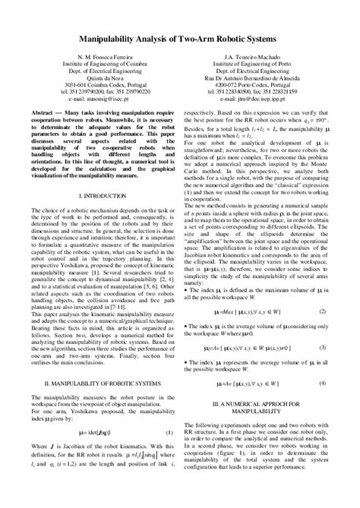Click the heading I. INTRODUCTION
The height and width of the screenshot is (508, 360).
pyautogui.click(x=97, y=196)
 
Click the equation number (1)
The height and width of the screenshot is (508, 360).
pyautogui.click(x=171, y=453)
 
